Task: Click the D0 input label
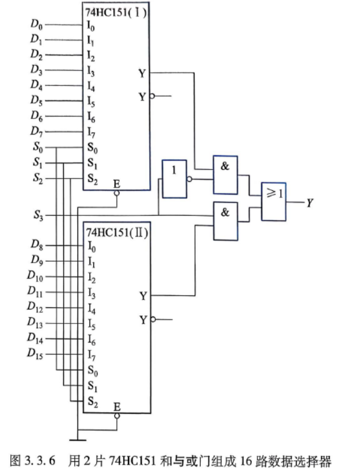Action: (x=37, y=24)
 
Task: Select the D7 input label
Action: (x=37, y=132)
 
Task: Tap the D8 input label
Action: (x=37, y=245)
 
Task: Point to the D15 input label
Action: (x=35, y=354)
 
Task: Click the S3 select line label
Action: (x=38, y=216)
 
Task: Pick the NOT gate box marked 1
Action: (x=174, y=179)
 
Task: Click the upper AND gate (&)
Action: (x=225, y=175)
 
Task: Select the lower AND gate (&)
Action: (x=225, y=221)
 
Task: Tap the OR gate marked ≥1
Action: (x=273, y=201)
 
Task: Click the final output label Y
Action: (x=310, y=202)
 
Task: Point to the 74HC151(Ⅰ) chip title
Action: (x=116, y=13)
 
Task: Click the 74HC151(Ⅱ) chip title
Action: (x=117, y=232)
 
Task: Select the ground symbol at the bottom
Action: (x=78, y=440)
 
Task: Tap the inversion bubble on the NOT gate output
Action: (x=189, y=179)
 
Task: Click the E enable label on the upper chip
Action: (x=117, y=184)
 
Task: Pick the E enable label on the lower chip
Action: (x=117, y=407)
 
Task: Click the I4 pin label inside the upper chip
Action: (x=91, y=86)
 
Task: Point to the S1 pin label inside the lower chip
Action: (x=93, y=386)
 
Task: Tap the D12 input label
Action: (x=35, y=307)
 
